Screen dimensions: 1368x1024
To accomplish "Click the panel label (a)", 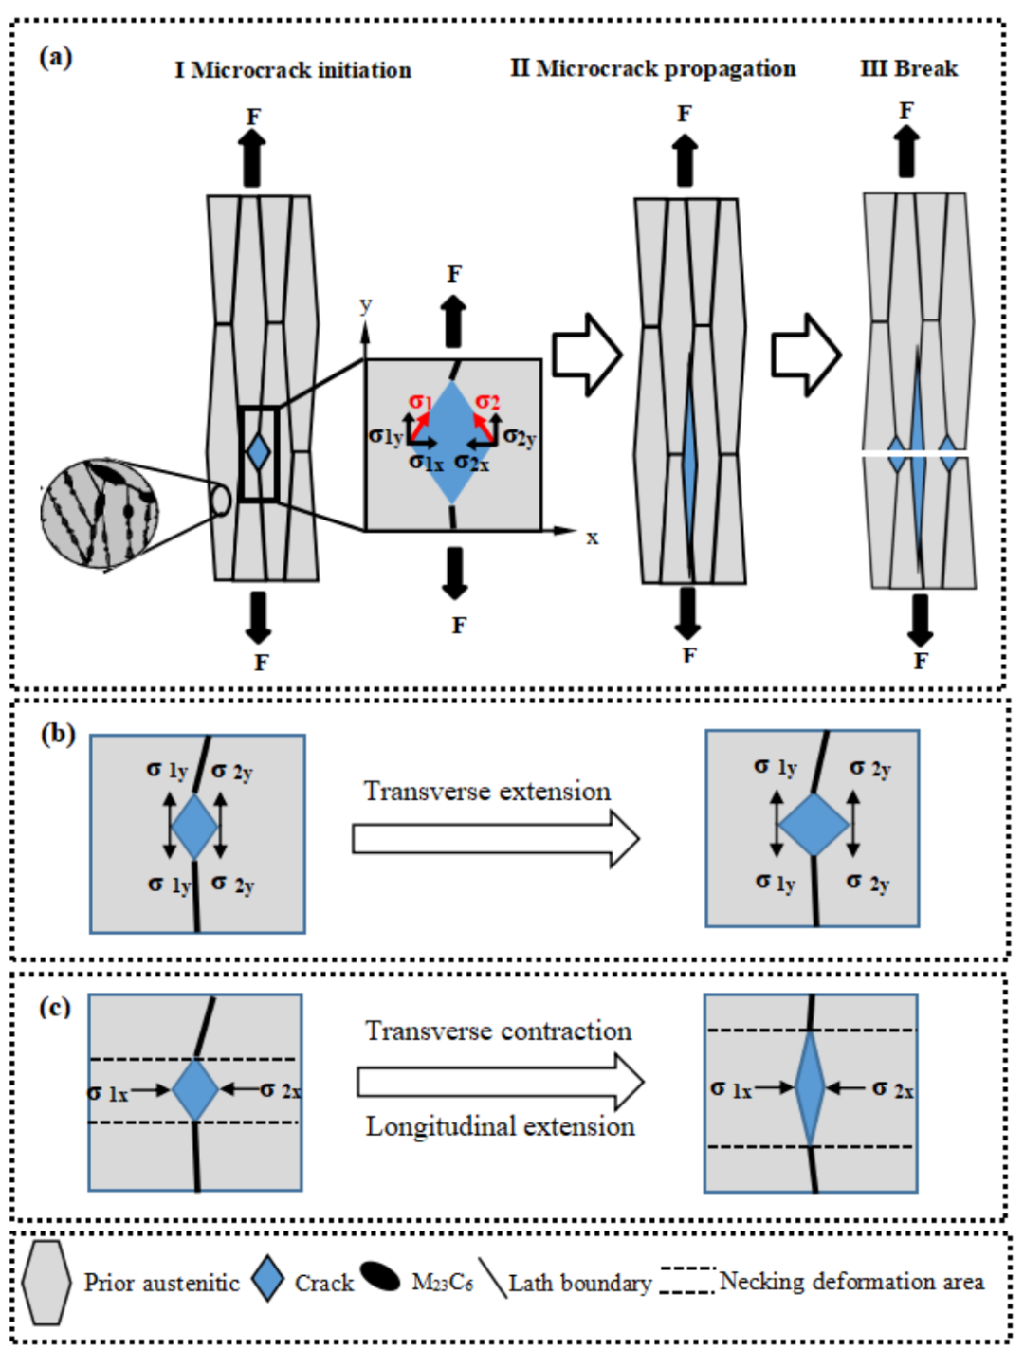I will (x=55, y=57).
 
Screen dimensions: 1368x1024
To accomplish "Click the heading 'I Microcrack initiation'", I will (x=293, y=70).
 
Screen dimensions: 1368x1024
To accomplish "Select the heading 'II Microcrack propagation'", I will (x=652, y=68).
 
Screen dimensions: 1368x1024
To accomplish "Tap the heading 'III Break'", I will (x=908, y=68).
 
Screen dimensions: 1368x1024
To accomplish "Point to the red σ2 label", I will (x=487, y=402).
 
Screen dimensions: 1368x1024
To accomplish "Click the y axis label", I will (x=365, y=305).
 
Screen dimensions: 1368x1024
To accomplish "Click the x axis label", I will (x=593, y=538).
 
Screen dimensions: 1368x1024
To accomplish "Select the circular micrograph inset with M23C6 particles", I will (x=99, y=513).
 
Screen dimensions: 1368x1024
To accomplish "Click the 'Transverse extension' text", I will (x=487, y=792).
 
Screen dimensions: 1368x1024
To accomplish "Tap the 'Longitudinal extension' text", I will (x=501, y=1126).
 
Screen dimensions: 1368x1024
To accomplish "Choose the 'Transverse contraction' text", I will (x=499, y=1031).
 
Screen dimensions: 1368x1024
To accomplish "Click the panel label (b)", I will (x=58, y=734).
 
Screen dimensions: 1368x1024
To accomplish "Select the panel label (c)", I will (x=55, y=1006).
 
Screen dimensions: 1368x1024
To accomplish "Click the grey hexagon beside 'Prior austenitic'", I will (x=46, y=1283).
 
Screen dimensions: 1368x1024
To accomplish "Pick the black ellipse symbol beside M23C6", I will (x=380, y=1277).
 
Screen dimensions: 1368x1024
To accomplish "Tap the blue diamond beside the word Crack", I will (x=268, y=1279).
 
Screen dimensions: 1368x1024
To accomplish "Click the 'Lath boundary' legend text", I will (x=580, y=1284).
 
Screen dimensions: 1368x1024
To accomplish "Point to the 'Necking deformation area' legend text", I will (x=851, y=1282).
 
